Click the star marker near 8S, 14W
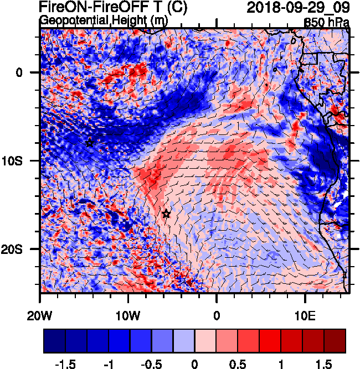90,143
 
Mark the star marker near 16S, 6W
166,214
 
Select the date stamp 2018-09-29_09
297,8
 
